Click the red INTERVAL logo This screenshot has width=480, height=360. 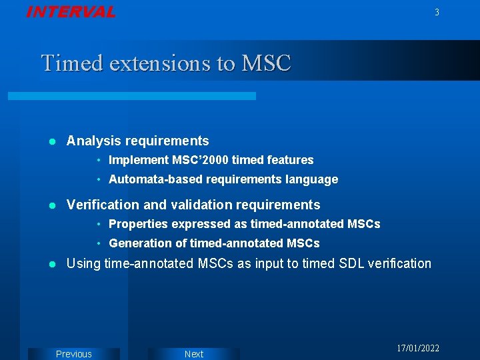click(x=71, y=12)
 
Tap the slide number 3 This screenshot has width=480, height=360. click(x=437, y=13)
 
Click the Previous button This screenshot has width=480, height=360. click(x=74, y=354)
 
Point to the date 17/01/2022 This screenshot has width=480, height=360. click(x=418, y=349)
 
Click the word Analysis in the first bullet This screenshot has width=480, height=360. click(x=94, y=141)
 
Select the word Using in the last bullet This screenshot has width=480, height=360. click(x=83, y=263)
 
